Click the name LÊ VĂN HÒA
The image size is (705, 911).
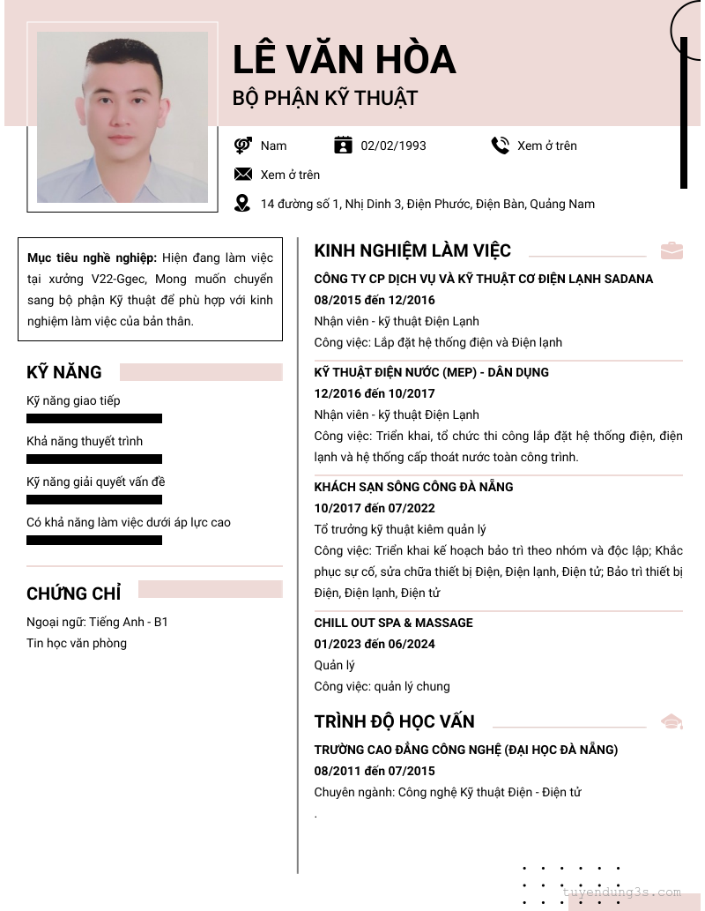[344, 59]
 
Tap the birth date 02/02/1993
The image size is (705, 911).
[393, 146]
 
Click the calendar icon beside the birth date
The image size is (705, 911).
[343, 146]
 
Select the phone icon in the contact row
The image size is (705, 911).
[501, 146]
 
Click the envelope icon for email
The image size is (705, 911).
[243, 175]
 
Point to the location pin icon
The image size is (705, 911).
[242, 204]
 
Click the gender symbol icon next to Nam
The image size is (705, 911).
[243, 146]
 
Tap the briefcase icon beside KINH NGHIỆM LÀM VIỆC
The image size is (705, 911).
[672, 250]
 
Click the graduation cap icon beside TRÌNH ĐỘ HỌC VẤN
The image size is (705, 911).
[672, 721]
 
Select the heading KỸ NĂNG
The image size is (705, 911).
[64, 372]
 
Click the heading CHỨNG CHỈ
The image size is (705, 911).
[74, 594]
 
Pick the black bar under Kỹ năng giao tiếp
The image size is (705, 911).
[94, 419]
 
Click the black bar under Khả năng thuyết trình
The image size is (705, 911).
[94, 459]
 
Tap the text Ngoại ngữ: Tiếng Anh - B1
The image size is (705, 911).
[97, 622]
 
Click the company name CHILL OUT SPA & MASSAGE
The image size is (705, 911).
[393, 623]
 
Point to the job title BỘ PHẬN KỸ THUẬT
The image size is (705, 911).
[324, 98]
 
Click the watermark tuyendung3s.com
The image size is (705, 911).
[622, 892]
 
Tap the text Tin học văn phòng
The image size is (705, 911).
[77, 643]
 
